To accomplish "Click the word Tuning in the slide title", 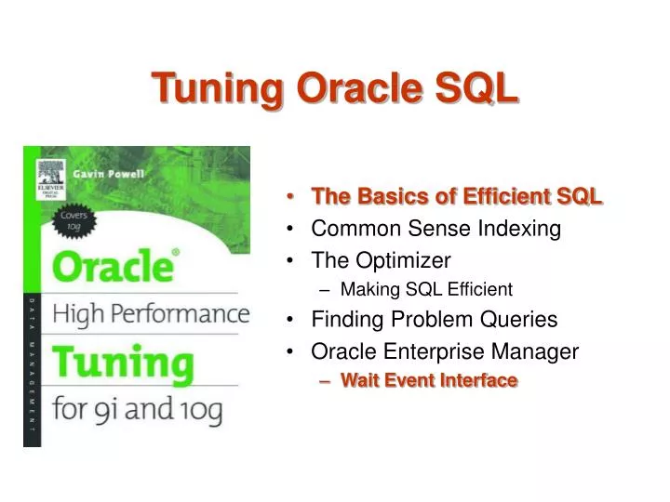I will point(219,88).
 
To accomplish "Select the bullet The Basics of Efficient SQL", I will point(456,196).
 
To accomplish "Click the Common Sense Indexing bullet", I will point(435,229).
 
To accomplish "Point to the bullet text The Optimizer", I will point(381,259).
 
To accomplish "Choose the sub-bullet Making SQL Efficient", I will point(426,289).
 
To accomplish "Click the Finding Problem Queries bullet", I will point(434,320).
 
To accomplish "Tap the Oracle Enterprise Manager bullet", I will point(445,351).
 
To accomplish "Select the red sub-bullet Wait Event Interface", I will point(428,380).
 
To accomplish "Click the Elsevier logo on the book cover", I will point(49,175).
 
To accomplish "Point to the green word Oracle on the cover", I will point(112,268).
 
